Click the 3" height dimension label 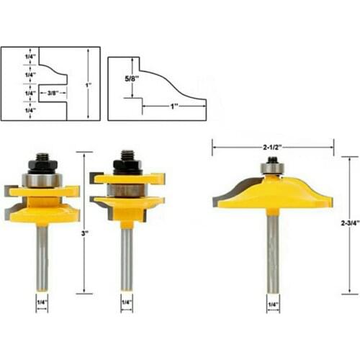85,233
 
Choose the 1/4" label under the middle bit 127,302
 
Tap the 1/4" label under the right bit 272,305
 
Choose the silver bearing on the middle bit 127,189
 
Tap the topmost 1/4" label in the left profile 30,56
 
